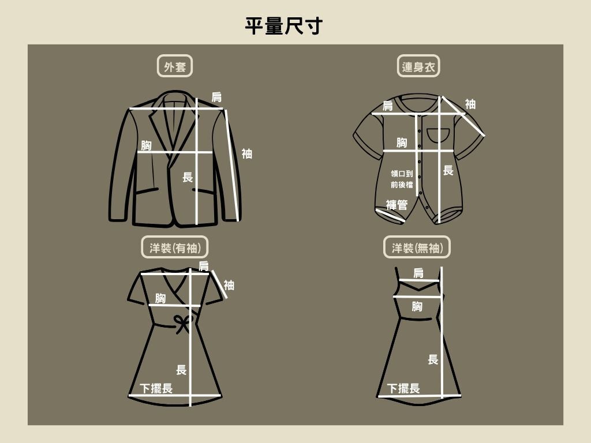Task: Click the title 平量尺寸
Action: [x=284, y=26]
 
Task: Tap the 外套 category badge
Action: [x=175, y=66]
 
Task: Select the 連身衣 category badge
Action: [x=418, y=66]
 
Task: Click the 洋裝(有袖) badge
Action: [x=175, y=247]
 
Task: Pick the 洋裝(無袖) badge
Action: [x=417, y=247]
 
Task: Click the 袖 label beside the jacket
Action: [x=247, y=153]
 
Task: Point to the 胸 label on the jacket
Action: [x=146, y=145]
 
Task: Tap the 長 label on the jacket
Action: [x=188, y=177]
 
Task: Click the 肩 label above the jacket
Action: [x=216, y=97]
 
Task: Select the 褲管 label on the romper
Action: [x=397, y=205]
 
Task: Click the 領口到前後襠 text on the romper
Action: [x=402, y=179]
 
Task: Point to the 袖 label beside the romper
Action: [x=470, y=104]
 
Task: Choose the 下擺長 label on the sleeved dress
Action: [x=156, y=388]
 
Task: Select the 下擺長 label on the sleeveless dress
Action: [x=403, y=388]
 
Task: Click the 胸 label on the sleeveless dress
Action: [x=417, y=306]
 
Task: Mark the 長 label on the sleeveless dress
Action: [x=433, y=359]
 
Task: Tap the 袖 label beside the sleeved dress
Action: [x=229, y=285]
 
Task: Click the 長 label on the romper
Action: [x=448, y=170]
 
